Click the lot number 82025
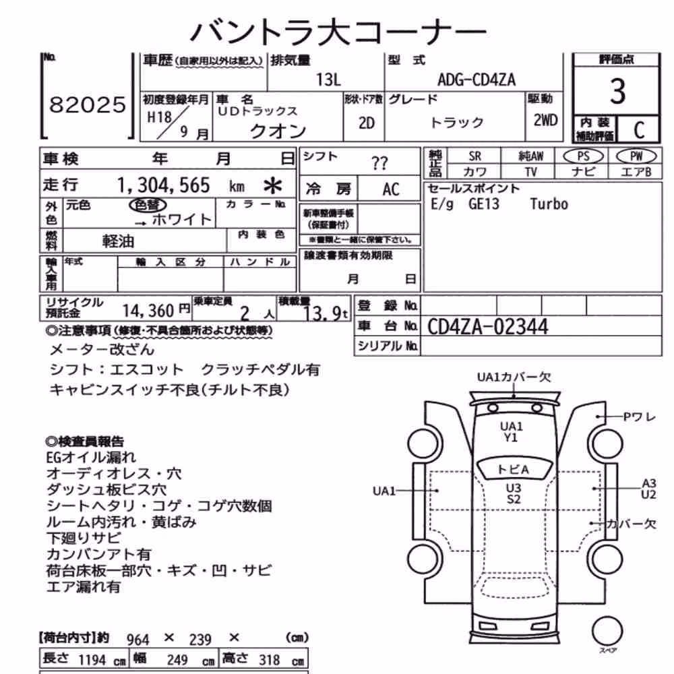click(87, 105)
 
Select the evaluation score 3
click(617, 91)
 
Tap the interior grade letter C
click(639, 129)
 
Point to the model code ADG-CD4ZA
click(477, 80)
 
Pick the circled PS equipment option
click(583, 156)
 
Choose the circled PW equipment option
click(636, 156)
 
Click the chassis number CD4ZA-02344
click(487, 327)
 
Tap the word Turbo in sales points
click(549, 204)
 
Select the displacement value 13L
click(328, 80)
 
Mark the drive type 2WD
click(545, 121)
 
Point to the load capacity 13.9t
click(326, 314)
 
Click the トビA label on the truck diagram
click(513, 469)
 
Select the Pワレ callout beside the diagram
click(639, 417)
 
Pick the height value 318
click(270, 660)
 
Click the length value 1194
click(92, 660)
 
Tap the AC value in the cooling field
click(391, 189)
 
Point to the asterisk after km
click(272, 186)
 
